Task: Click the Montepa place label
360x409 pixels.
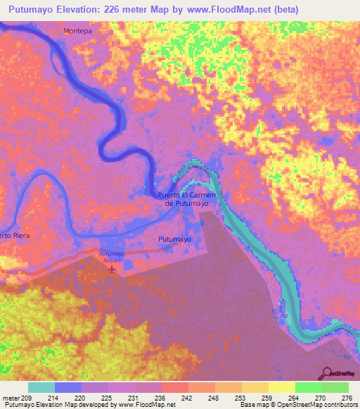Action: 77,32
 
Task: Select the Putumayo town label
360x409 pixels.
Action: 174,240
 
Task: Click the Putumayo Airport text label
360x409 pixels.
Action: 111,257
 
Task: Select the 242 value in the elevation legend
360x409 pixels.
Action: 187,398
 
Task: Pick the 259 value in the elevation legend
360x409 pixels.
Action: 266,398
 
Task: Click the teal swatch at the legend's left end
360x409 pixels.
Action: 41,387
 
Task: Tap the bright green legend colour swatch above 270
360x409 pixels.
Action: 308,387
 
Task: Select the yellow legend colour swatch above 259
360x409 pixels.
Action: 255,387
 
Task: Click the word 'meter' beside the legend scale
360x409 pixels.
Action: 11,398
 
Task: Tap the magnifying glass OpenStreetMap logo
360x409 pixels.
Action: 327,373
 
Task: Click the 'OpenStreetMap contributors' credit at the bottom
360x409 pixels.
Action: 316,405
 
